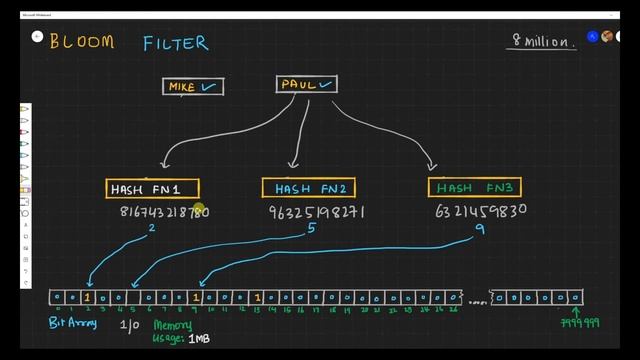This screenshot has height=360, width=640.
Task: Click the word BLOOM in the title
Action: click(81, 43)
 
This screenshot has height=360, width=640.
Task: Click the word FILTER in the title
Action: click(175, 43)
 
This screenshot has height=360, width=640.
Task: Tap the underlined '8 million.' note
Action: click(544, 42)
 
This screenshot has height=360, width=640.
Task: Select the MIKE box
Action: click(194, 87)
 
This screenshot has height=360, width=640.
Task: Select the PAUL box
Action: click(307, 84)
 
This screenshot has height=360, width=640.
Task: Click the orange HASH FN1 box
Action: click(153, 188)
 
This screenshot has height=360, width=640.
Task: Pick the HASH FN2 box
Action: click(308, 188)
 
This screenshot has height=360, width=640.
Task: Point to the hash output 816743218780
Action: click(164, 212)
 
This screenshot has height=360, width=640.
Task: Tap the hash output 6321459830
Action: click(481, 211)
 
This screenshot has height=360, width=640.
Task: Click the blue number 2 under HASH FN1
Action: click(152, 229)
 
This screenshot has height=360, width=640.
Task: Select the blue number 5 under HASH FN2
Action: click(312, 229)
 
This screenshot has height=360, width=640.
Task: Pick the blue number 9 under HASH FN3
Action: click(480, 229)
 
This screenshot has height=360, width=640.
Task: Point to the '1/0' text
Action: click(130, 325)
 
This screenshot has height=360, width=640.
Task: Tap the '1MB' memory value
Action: click(198, 339)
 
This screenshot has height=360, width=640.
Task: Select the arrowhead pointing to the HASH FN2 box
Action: click(293, 166)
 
